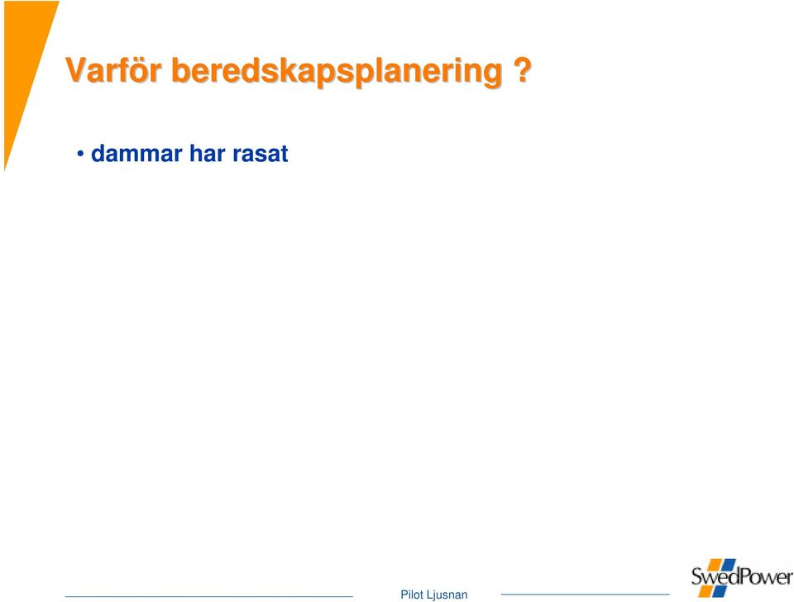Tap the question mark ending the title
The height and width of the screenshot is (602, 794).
(x=523, y=69)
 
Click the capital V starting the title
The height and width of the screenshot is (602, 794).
(x=76, y=69)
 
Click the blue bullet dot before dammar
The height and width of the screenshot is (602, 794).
(x=80, y=153)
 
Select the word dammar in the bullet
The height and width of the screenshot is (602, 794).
(x=136, y=154)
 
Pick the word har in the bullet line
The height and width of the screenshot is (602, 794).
(x=207, y=154)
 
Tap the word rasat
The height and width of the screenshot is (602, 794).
(x=261, y=154)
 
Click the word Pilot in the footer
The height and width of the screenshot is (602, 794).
(x=412, y=595)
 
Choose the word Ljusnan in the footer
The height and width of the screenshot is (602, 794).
(x=447, y=595)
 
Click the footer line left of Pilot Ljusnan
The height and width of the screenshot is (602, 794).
(x=209, y=596)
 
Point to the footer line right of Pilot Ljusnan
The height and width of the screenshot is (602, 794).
(x=585, y=595)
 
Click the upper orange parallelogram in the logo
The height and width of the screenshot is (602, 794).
(x=714, y=565)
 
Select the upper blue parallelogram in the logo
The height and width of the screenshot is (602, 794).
(x=728, y=565)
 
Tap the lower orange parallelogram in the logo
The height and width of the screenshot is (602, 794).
(x=706, y=590)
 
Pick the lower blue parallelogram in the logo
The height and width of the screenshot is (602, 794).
(x=720, y=591)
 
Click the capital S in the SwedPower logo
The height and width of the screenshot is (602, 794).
(x=697, y=576)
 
